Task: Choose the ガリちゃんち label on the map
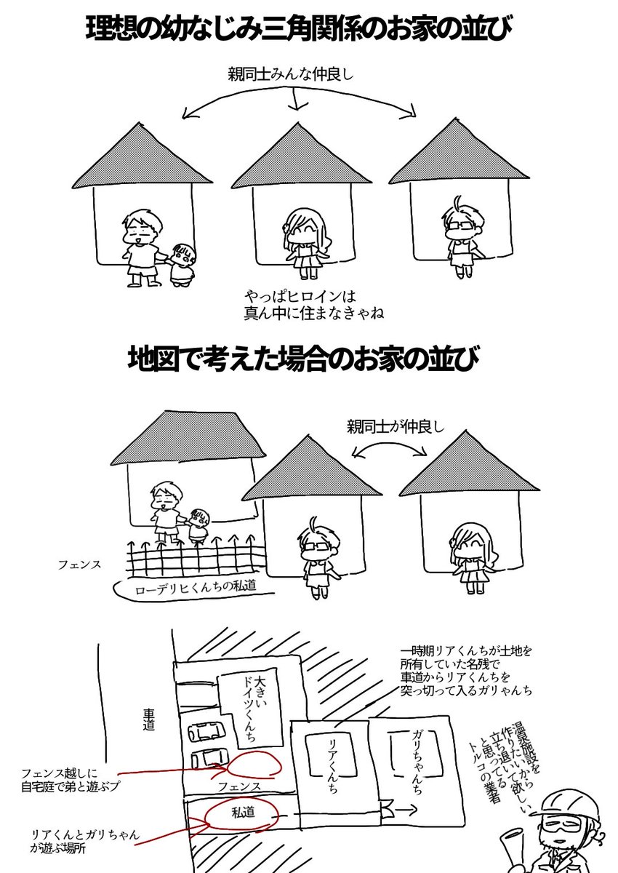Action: point(414,757)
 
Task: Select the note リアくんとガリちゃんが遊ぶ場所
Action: point(76,840)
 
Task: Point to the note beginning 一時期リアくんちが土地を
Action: point(465,668)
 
